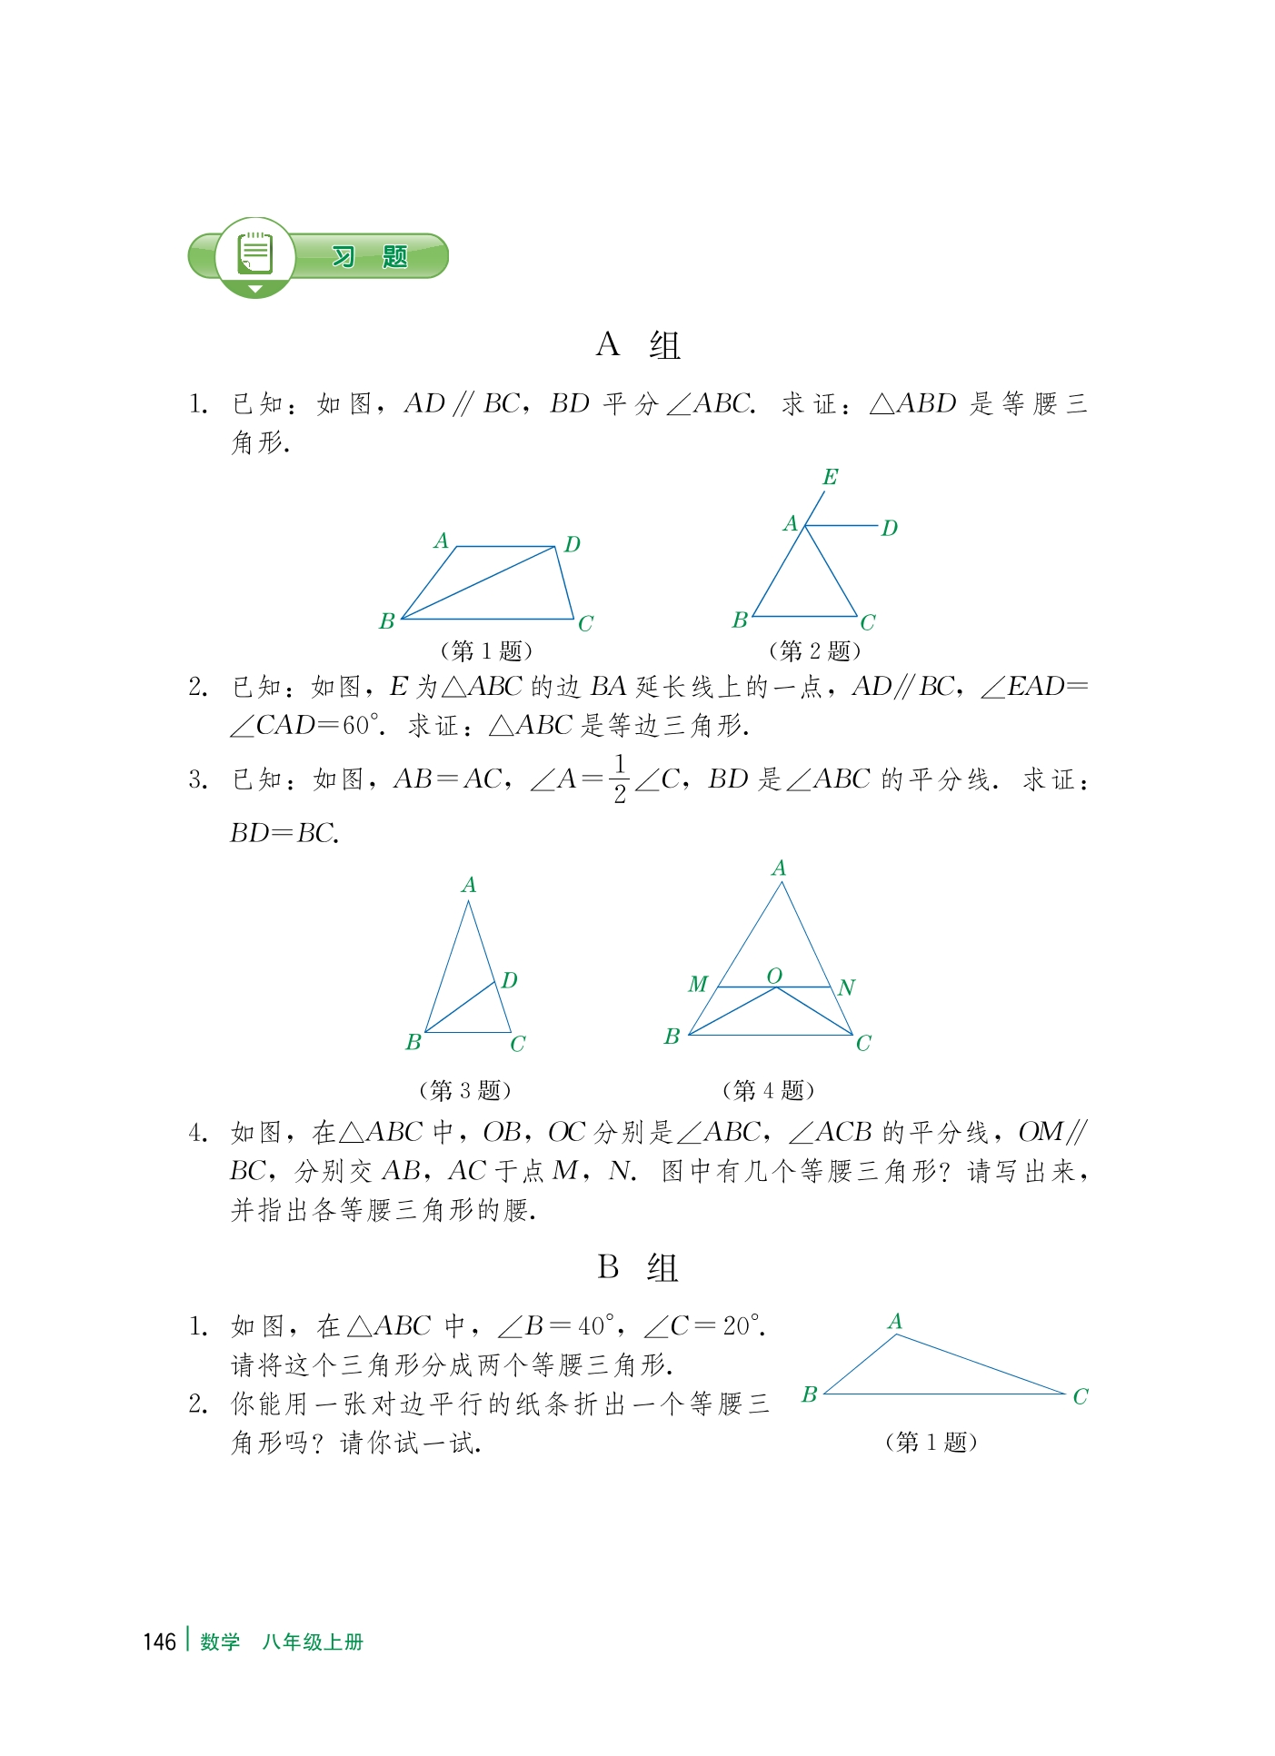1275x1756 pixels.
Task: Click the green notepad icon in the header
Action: [255, 254]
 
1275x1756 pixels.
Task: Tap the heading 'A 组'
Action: [638, 345]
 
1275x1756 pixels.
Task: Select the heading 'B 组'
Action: [637, 1267]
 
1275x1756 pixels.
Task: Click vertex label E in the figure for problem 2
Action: [830, 477]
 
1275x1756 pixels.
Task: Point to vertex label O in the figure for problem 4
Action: [774, 976]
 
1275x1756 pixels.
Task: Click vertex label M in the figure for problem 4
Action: [697, 984]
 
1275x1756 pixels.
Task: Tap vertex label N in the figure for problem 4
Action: [846, 987]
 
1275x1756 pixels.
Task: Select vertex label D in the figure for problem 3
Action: [509, 980]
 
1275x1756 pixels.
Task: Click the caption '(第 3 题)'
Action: [464, 1089]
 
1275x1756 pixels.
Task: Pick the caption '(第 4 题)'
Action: [768, 1089]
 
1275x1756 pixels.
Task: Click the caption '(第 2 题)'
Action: [814, 650]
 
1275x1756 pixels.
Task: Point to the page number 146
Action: [159, 1642]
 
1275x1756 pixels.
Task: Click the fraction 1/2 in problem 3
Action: [619, 779]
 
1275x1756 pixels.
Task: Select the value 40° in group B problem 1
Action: [596, 1326]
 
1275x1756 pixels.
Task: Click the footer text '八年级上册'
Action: [313, 1642]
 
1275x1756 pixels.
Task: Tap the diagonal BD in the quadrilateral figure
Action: [478, 582]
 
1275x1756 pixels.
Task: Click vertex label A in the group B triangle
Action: [895, 1321]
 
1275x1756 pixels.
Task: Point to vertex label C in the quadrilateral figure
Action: [585, 624]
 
